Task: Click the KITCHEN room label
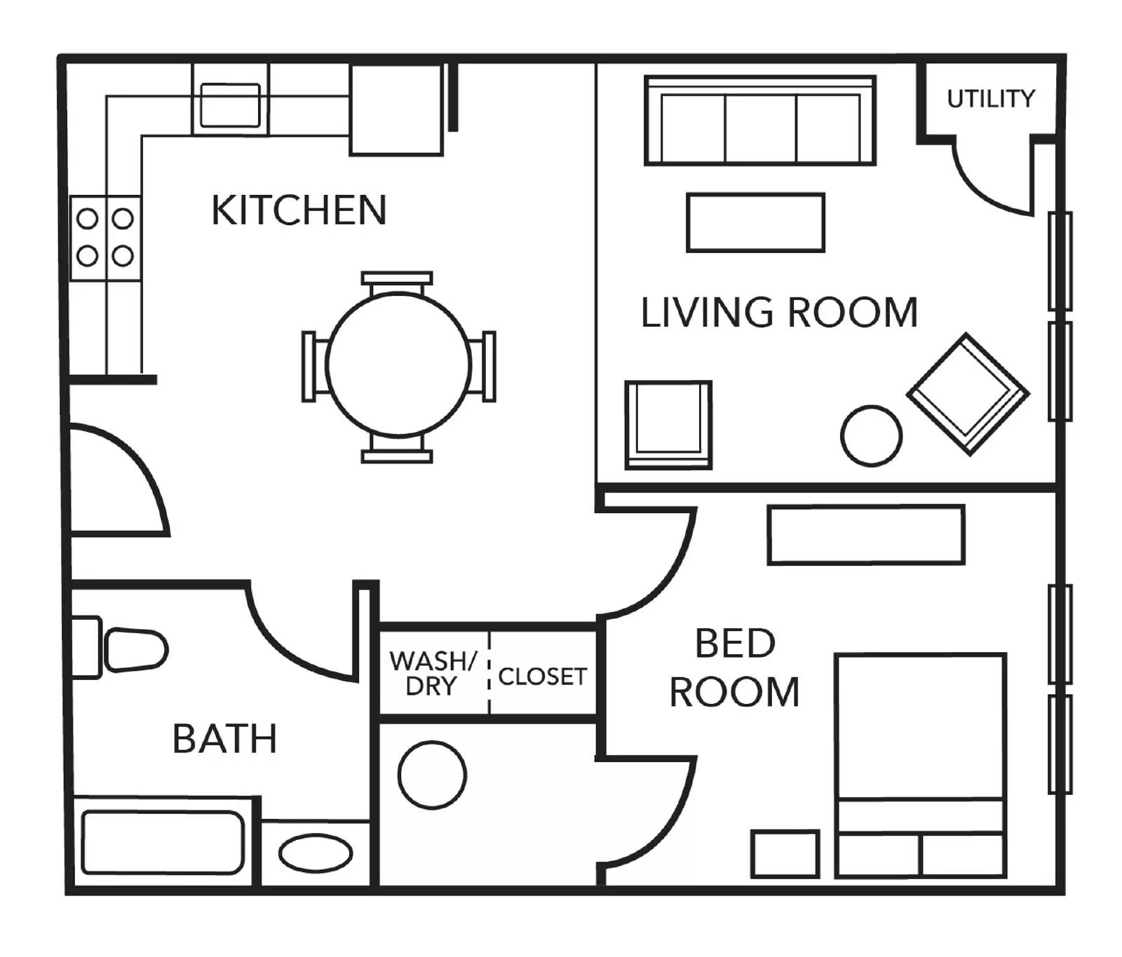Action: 299,210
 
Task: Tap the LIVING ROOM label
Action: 779,312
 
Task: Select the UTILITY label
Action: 991,99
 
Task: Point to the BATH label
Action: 224,738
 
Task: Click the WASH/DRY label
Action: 433,673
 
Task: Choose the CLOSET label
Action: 542,677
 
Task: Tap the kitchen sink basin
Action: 230,105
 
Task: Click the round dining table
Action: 398,364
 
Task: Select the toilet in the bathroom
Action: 120,649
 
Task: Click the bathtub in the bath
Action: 163,842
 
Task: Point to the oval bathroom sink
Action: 316,853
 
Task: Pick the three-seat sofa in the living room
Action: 760,121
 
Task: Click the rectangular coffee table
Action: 755,222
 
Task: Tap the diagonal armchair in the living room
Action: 968,393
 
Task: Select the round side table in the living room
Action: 871,436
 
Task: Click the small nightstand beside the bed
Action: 785,854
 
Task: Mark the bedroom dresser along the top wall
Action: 866,535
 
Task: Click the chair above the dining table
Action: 397,283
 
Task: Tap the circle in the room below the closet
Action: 432,775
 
